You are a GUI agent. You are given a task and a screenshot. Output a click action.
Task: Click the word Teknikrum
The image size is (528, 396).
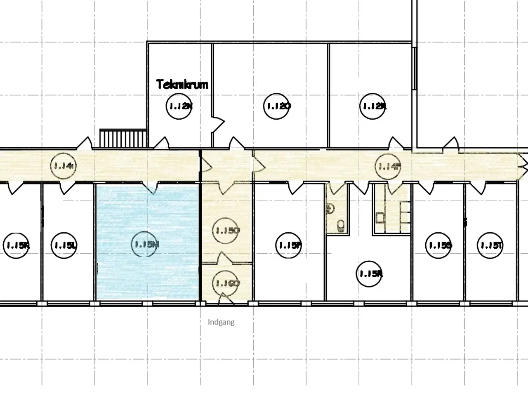coord(182,85)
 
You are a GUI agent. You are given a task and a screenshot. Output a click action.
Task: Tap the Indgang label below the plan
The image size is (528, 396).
coord(221,322)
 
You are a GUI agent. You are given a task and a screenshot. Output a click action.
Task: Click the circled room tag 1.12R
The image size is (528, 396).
coord(374,106)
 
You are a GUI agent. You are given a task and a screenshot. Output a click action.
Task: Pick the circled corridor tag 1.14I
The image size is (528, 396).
coord(63,166)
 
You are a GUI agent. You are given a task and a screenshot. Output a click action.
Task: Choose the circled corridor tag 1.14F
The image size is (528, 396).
coord(388,166)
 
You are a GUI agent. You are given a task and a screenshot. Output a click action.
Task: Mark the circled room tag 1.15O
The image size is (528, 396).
coord(226,231)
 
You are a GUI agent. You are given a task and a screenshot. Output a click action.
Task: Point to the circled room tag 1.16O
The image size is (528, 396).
coord(226,283)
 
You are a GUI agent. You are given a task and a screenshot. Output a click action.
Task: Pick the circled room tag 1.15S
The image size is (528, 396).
coord(438,245)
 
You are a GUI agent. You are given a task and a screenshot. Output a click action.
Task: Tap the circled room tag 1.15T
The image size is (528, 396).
coord(490,245)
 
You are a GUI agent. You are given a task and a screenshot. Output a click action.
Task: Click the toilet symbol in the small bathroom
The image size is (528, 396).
coord(341,225)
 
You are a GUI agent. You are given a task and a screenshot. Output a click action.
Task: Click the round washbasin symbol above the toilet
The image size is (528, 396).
coord(330,208)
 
